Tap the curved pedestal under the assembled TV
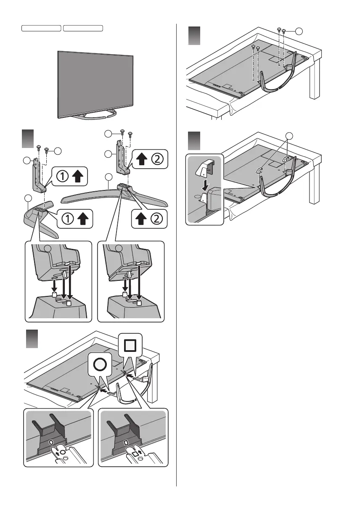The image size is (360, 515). click(95, 114)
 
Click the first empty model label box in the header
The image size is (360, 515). click(42, 28)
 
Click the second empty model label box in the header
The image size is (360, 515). click(83, 28)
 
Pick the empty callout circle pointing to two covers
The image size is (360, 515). click(289, 135)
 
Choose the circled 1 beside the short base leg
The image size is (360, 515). click(64, 219)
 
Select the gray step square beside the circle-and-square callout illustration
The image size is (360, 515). click(32, 338)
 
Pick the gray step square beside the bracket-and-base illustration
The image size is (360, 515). click(28, 138)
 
